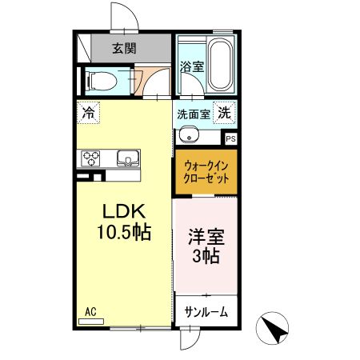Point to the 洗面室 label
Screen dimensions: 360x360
tap(193, 114)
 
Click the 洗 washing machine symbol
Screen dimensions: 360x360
tap(226, 114)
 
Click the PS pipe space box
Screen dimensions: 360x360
tap(230, 138)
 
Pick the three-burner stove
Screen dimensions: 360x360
tap(88, 158)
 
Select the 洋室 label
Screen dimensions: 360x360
tap(206, 237)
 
